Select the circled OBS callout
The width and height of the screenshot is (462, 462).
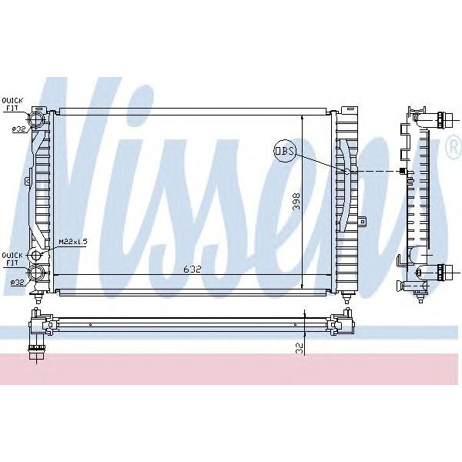tap(284, 152)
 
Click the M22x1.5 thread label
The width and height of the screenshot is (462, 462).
tap(73, 241)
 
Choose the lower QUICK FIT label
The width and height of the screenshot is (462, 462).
tap(12, 258)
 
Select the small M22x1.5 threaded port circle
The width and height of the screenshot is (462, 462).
tap(36, 254)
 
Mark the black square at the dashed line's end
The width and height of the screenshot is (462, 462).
tap(402, 171)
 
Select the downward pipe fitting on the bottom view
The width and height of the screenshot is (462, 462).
tap(35, 350)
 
